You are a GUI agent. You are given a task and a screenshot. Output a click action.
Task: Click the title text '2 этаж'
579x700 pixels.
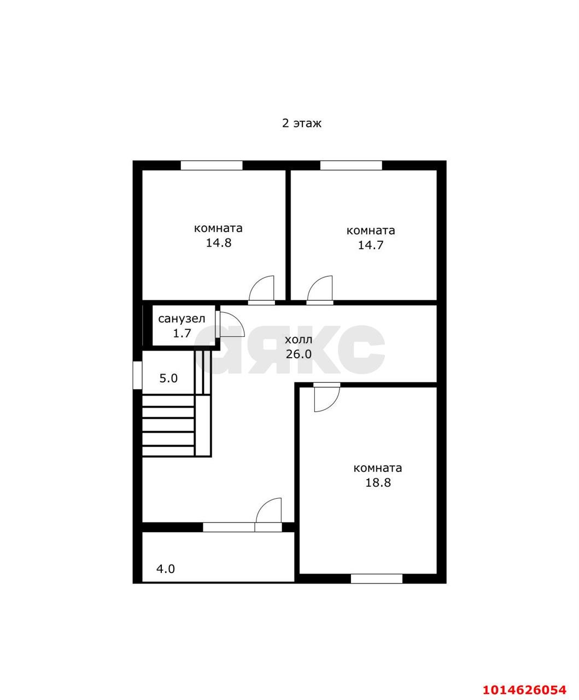point(301,124)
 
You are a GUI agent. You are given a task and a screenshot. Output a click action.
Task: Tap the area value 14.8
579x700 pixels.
point(219,243)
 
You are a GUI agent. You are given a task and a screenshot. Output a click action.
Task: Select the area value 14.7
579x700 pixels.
point(371,245)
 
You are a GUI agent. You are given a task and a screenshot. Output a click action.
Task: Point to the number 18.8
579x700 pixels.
point(378,482)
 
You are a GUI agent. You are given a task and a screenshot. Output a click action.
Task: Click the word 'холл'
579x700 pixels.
point(299,340)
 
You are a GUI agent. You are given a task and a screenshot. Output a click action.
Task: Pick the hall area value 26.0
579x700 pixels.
point(299,354)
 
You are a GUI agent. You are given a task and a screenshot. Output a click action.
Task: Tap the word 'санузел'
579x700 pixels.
point(182,319)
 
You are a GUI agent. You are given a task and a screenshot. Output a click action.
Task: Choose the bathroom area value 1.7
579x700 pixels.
point(182,333)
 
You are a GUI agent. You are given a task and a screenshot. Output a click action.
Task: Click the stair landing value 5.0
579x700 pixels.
point(168,378)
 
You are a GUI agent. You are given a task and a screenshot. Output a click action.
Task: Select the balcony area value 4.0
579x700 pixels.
point(166,569)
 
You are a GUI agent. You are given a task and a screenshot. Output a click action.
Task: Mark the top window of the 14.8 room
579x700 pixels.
point(212,166)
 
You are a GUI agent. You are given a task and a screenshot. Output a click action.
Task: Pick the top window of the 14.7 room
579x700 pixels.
point(351,166)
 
